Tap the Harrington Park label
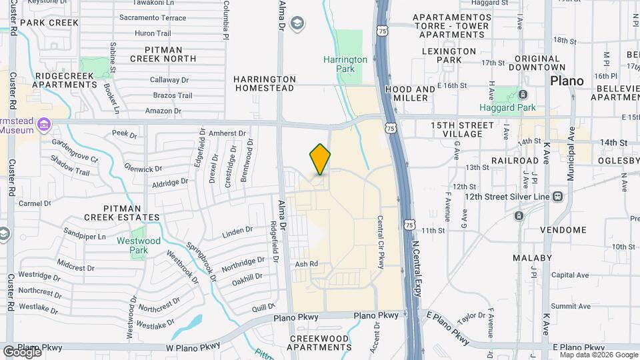345,64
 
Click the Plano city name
567,81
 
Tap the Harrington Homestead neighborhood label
264,83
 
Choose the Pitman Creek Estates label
122,213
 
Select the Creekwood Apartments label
320,343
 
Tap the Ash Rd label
306,264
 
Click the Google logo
21,351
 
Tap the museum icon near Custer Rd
44,124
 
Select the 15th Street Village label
462,129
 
